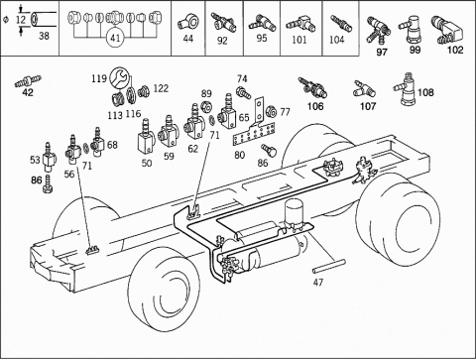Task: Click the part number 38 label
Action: (44, 36)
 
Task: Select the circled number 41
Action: (115, 38)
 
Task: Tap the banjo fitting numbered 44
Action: (188, 23)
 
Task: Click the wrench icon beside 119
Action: (119, 77)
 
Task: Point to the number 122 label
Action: (161, 88)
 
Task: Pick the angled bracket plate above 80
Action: (260, 111)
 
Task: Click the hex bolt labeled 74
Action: (243, 91)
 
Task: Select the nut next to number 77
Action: (271, 112)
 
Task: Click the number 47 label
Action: (318, 282)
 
